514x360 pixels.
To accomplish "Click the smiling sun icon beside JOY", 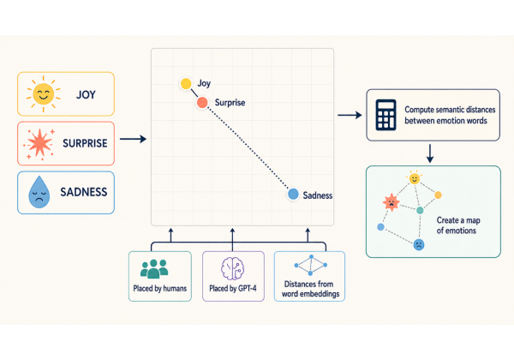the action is pyautogui.click(x=44, y=94).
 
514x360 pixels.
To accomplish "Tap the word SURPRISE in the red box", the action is pyautogui.click(x=85, y=143).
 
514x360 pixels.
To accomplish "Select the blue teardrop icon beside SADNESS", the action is pyautogui.click(x=39, y=192).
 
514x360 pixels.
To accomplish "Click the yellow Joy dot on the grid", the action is pyautogui.click(x=186, y=84).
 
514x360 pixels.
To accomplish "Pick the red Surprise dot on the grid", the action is pyautogui.click(x=202, y=102).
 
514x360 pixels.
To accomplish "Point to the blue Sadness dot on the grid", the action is pyautogui.click(x=293, y=194).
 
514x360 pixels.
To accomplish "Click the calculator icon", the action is pyautogui.click(x=385, y=115).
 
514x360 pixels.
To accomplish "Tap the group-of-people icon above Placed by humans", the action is pyautogui.click(x=154, y=269).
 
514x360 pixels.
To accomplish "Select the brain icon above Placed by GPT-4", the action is pyautogui.click(x=232, y=268).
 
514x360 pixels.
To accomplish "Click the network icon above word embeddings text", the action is pyautogui.click(x=310, y=265).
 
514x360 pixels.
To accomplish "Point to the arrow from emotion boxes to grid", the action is pyautogui.click(x=133, y=139).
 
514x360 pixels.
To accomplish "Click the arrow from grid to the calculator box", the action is pyautogui.click(x=350, y=115).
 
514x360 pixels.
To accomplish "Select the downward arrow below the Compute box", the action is pyautogui.click(x=430, y=153).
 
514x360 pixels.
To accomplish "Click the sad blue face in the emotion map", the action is pyautogui.click(x=419, y=244).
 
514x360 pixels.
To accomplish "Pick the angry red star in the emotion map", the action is pyautogui.click(x=391, y=202).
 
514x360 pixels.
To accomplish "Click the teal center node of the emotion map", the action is pyautogui.click(x=420, y=211).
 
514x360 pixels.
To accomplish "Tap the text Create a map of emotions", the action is pyautogui.click(x=458, y=225).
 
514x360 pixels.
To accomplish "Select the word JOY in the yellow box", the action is pyautogui.click(x=86, y=95).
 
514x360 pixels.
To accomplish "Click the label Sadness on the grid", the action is pyautogui.click(x=317, y=195).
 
